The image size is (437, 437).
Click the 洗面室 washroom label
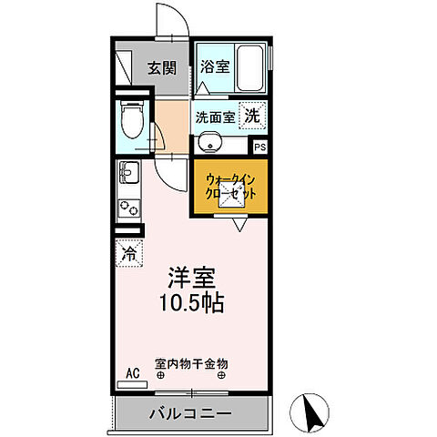point(215,117)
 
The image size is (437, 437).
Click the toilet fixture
point(130,123)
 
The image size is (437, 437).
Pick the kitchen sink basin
point(127,169)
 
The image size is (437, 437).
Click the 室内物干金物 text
point(192,363)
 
